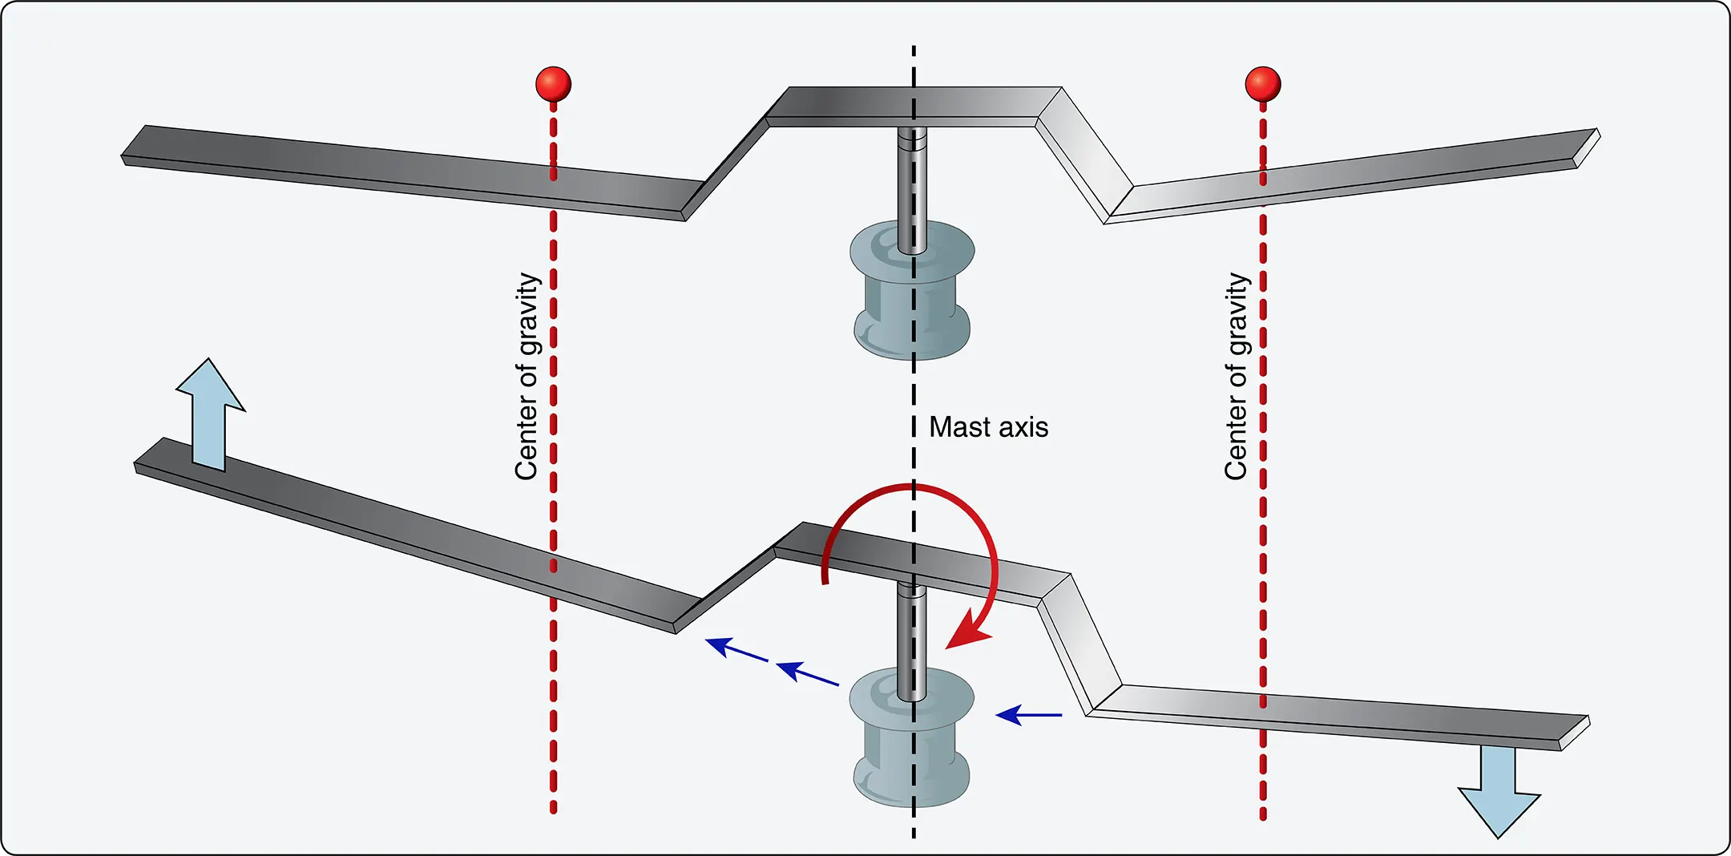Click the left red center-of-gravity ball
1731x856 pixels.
pos(553,84)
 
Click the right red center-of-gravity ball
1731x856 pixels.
pos(1263,84)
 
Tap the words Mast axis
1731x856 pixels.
pos(988,427)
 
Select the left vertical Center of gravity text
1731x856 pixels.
pos(527,377)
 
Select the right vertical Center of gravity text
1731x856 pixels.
pos(1237,377)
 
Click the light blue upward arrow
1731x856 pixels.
pos(210,414)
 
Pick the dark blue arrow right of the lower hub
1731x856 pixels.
pos(1029,714)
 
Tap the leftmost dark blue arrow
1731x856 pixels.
pos(736,649)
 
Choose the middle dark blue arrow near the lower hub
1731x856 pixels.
pos(807,672)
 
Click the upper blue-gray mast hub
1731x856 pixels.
pos(912,290)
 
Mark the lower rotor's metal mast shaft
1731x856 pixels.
pos(912,641)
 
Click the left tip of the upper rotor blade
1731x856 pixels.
pos(123,157)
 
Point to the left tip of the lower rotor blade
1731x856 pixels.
pos(135,465)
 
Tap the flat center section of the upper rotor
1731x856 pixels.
pos(914,107)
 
